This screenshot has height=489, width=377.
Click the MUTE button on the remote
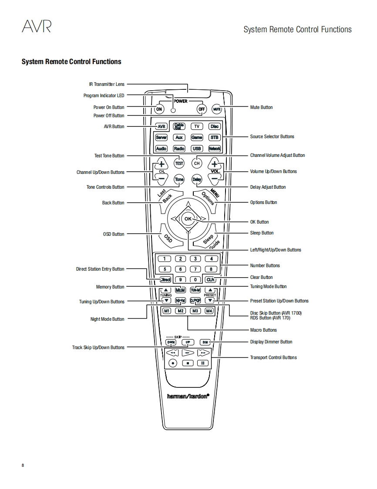tap(217, 109)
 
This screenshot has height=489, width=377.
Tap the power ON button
tap(159, 109)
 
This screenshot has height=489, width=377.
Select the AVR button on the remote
tap(162, 126)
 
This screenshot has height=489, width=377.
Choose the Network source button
tap(215, 149)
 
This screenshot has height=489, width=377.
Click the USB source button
tap(197, 149)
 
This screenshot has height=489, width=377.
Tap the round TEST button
tap(179, 163)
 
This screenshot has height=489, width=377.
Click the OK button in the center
tap(188, 219)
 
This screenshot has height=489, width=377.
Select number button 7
tap(196, 269)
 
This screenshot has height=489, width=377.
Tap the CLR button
tap(211, 280)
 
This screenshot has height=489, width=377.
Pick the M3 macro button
tap(195, 311)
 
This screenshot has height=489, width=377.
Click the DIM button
tap(205, 342)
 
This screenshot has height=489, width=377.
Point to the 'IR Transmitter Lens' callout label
tap(107, 84)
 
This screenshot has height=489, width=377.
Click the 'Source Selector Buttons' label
tap(272, 136)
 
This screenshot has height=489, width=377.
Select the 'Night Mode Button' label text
tap(107, 319)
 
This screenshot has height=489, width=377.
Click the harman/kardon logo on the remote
tap(188, 396)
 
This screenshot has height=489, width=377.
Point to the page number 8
tap(23, 465)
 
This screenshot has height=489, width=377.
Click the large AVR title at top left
tap(37, 27)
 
